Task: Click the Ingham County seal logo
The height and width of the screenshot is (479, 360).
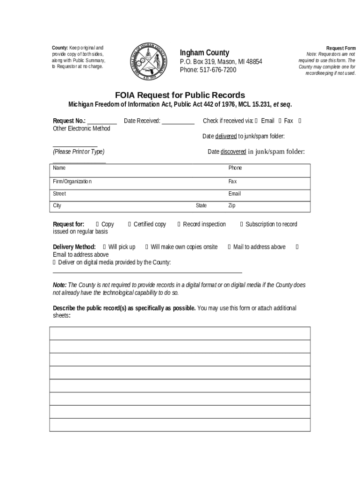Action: pyautogui.click(x=147, y=61)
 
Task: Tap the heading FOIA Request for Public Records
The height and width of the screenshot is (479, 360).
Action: pyautogui.click(x=180, y=95)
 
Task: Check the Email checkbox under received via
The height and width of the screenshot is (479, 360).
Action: pyautogui.click(x=256, y=121)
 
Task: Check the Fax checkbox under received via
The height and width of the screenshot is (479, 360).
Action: pyautogui.click(x=280, y=121)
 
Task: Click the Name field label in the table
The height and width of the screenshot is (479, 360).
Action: pyautogui.click(x=59, y=168)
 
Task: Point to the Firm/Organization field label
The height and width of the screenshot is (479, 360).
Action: pyautogui.click(x=72, y=181)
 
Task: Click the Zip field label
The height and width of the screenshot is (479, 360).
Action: pyautogui.click(x=232, y=206)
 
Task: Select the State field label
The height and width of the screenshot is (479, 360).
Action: pyautogui.click(x=201, y=206)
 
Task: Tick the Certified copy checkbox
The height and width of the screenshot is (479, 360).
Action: pyautogui.click(x=130, y=225)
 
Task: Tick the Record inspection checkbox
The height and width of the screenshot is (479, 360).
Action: pyautogui.click(x=179, y=225)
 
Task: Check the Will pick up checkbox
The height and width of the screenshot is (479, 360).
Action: pyautogui.click(x=104, y=247)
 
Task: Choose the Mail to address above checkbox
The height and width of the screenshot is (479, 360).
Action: pyautogui.click(x=229, y=247)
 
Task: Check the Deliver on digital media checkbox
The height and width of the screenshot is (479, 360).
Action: pyautogui.click(x=54, y=262)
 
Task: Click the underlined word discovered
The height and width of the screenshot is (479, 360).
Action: pyautogui.click(x=233, y=152)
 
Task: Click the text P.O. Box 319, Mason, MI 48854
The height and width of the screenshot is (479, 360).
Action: pyautogui.click(x=221, y=62)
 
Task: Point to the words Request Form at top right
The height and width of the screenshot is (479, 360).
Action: pyautogui.click(x=341, y=48)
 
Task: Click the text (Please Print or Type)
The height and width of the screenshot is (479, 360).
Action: pyautogui.click(x=79, y=152)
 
